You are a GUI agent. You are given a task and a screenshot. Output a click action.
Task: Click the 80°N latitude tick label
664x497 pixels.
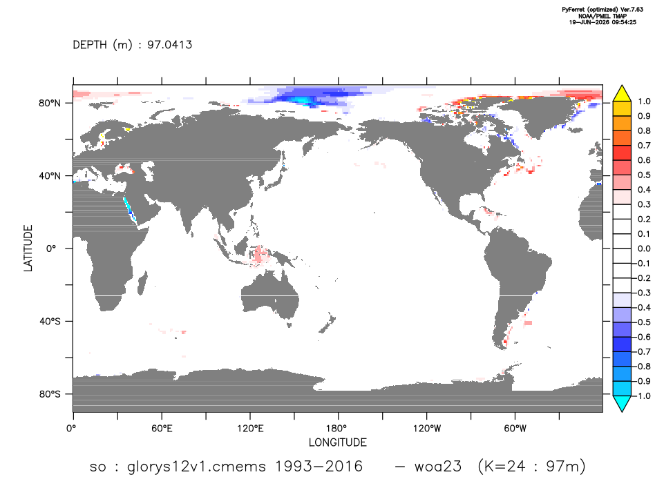pos(50,104)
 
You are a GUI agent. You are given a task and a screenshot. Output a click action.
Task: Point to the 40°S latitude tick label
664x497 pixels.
pos(50,322)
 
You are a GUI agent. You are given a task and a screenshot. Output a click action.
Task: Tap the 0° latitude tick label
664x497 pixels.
pos(51,248)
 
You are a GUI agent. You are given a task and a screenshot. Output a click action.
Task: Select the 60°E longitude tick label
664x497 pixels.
pos(162,429)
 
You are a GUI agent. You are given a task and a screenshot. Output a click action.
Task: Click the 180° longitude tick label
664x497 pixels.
pos(339,429)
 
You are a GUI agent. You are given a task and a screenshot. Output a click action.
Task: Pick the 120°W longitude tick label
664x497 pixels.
pos(427,429)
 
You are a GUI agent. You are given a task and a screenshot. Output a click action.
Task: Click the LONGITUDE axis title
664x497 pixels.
pos(337,442)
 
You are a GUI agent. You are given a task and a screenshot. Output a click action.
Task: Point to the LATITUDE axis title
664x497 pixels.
pos(28,248)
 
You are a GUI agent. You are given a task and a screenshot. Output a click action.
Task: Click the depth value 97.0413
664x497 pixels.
pos(170,45)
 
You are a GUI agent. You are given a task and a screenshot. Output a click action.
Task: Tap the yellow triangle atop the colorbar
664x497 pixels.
pos(622,94)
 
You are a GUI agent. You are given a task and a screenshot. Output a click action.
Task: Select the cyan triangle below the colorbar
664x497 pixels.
pos(622,403)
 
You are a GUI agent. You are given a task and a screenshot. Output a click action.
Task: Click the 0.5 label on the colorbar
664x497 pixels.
pos(644,175)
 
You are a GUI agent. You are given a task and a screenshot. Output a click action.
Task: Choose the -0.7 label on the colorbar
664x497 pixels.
pos(643,352)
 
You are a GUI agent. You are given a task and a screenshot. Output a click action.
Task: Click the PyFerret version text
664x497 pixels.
pos(603,9)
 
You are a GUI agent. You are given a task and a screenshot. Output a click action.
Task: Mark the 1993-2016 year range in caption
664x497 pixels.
pos(319,467)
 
